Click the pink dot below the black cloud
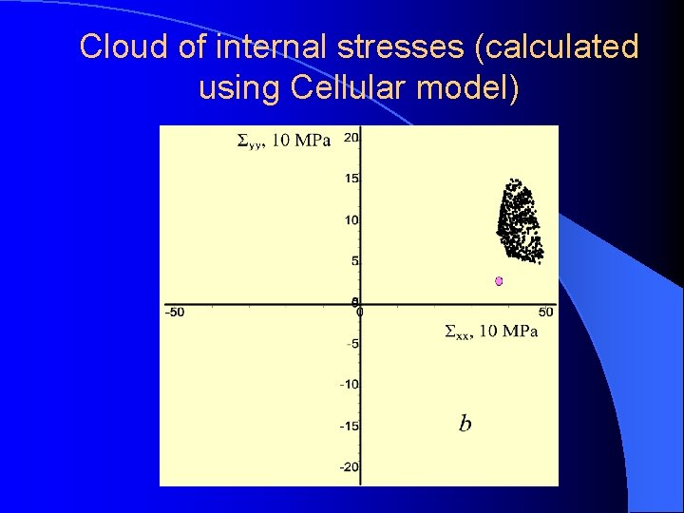498,281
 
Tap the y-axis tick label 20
351,138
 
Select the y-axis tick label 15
351,179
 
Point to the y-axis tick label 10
351,220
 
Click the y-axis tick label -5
351,344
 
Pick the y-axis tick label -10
349,385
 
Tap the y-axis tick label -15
349,426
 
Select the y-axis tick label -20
349,466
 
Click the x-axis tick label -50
175,313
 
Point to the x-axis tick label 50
545,313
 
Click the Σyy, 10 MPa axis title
283,142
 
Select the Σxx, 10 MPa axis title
491,331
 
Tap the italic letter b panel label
465,423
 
